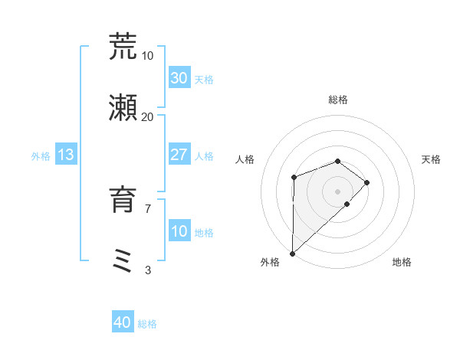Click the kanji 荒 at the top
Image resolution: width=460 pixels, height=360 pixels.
tap(123, 47)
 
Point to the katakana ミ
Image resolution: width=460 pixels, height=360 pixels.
tap(123, 260)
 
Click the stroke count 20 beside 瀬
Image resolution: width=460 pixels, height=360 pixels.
tap(147, 116)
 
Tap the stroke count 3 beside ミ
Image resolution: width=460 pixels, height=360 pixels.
tap(147, 270)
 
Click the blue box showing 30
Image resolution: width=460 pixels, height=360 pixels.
tap(179, 78)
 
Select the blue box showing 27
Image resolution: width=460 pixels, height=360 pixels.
tap(179, 155)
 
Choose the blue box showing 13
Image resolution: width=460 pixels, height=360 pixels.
tap(66, 155)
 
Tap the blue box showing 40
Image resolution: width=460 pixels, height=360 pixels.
tap(123, 322)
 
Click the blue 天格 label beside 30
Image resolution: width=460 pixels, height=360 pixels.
tap(204, 80)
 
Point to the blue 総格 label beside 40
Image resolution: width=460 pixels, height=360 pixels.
tap(147, 324)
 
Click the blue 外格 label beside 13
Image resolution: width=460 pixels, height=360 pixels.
tap(41, 156)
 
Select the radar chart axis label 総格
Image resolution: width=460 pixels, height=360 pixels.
tap(338, 100)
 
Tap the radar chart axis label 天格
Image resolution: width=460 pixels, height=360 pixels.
tap(432, 159)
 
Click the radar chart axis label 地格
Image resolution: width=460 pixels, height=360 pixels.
tap(402, 263)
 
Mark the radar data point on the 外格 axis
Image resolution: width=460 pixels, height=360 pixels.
tap(292, 253)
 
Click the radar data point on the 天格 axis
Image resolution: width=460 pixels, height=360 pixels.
tap(367, 182)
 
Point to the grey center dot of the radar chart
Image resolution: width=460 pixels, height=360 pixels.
tap(338, 191)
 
